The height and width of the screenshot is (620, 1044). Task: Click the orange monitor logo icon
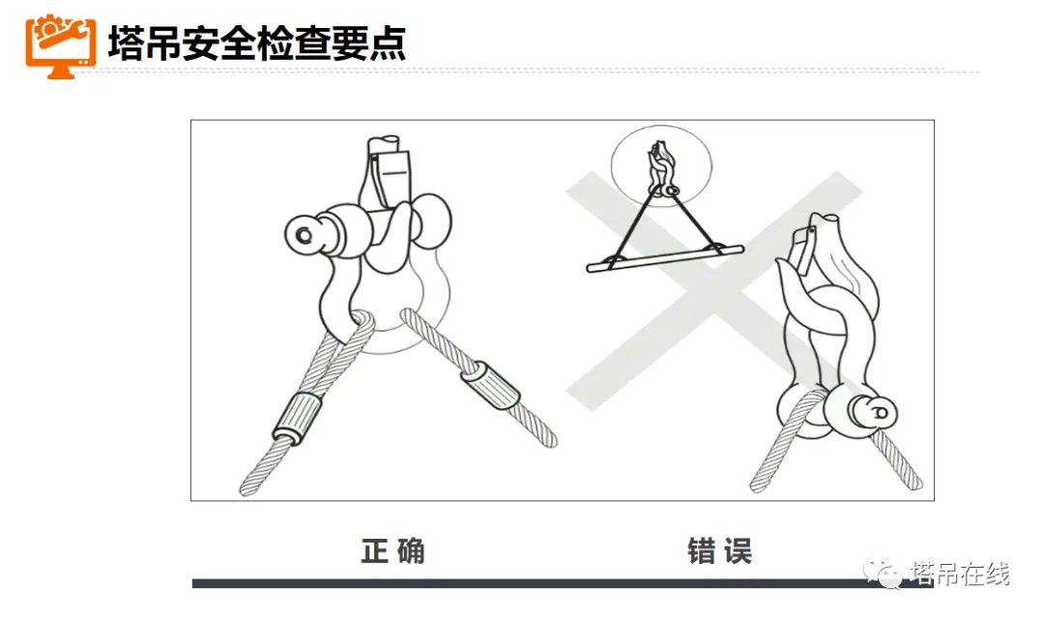click(x=61, y=45)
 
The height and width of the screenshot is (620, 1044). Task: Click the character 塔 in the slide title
click(x=125, y=44)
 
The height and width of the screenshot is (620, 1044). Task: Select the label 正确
click(x=392, y=551)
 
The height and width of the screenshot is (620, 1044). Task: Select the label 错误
click(x=720, y=551)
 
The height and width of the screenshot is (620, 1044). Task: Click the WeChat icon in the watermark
click(x=883, y=573)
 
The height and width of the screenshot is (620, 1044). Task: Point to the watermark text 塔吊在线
click(x=960, y=574)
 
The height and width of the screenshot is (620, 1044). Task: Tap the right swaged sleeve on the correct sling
click(x=489, y=386)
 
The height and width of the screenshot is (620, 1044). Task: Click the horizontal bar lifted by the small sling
click(x=664, y=258)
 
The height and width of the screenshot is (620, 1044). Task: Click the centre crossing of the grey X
click(x=712, y=290)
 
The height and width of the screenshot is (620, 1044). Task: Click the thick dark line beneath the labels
click(x=563, y=583)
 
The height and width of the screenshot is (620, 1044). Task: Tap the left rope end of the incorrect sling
click(x=758, y=485)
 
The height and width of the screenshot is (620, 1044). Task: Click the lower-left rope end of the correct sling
click(x=247, y=488)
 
